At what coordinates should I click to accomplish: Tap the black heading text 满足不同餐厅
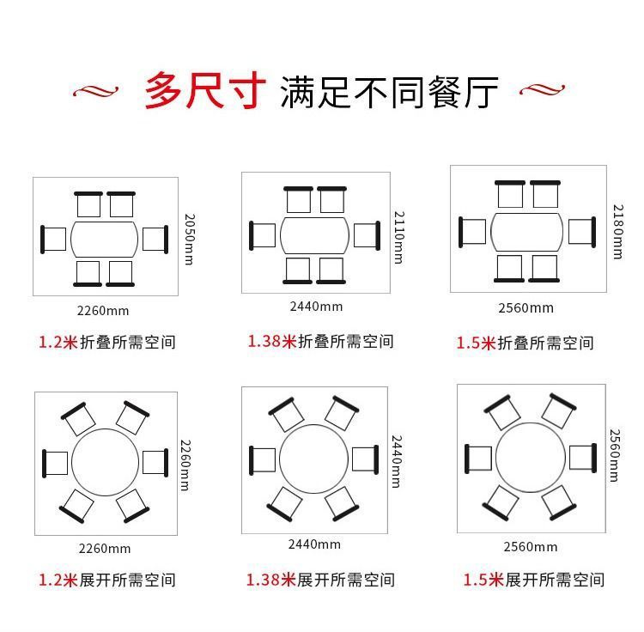[389, 91]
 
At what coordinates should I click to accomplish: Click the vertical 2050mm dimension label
[189, 239]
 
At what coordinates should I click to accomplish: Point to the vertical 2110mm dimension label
[398, 237]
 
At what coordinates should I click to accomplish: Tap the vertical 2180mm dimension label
[617, 232]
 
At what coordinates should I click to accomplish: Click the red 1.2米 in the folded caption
[58, 342]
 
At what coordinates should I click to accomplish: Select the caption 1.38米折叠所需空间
[320, 341]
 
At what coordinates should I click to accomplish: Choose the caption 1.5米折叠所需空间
[524, 343]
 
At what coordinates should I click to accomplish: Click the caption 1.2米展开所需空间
[106, 580]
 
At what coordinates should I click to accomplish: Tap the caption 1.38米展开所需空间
[320, 580]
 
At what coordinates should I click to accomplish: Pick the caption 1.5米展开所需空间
[533, 580]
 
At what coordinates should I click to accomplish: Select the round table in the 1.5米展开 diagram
[530, 458]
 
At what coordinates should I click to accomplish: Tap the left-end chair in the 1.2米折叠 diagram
[54, 238]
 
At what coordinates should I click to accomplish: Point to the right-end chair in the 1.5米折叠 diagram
[581, 230]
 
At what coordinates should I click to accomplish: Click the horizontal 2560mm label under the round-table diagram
[530, 547]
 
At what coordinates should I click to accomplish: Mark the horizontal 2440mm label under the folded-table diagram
[315, 307]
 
